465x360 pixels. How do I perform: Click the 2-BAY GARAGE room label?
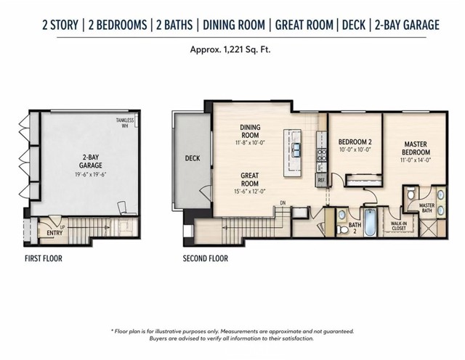tap(90, 161)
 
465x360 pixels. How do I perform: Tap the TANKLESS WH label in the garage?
tap(125, 123)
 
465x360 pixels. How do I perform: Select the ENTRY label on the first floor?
tap(54, 233)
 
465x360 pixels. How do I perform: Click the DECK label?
tap(193, 158)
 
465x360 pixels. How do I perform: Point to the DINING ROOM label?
tap(250, 131)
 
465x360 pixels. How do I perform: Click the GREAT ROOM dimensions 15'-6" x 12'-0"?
tap(249, 192)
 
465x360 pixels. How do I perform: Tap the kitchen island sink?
tap(296, 150)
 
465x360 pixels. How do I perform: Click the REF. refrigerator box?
tap(321, 181)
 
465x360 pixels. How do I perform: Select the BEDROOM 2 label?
tap(355, 142)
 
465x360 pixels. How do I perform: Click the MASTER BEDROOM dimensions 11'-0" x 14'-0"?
tap(416, 160)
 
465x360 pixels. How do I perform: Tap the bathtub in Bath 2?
tap(370, 222)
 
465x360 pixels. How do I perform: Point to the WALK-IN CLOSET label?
tap(399, 226)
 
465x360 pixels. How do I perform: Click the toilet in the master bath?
tap(411, 194)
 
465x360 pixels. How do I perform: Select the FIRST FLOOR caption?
tap(44, 258)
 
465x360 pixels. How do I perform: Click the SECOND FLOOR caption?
tap(206, 258)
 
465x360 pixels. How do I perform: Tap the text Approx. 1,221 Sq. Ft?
tap(230, 49)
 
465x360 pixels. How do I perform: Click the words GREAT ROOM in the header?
tap(304, 25)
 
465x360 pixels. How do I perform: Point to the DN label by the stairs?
tap(283, 203)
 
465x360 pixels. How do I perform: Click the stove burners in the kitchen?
tap(322, 156)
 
